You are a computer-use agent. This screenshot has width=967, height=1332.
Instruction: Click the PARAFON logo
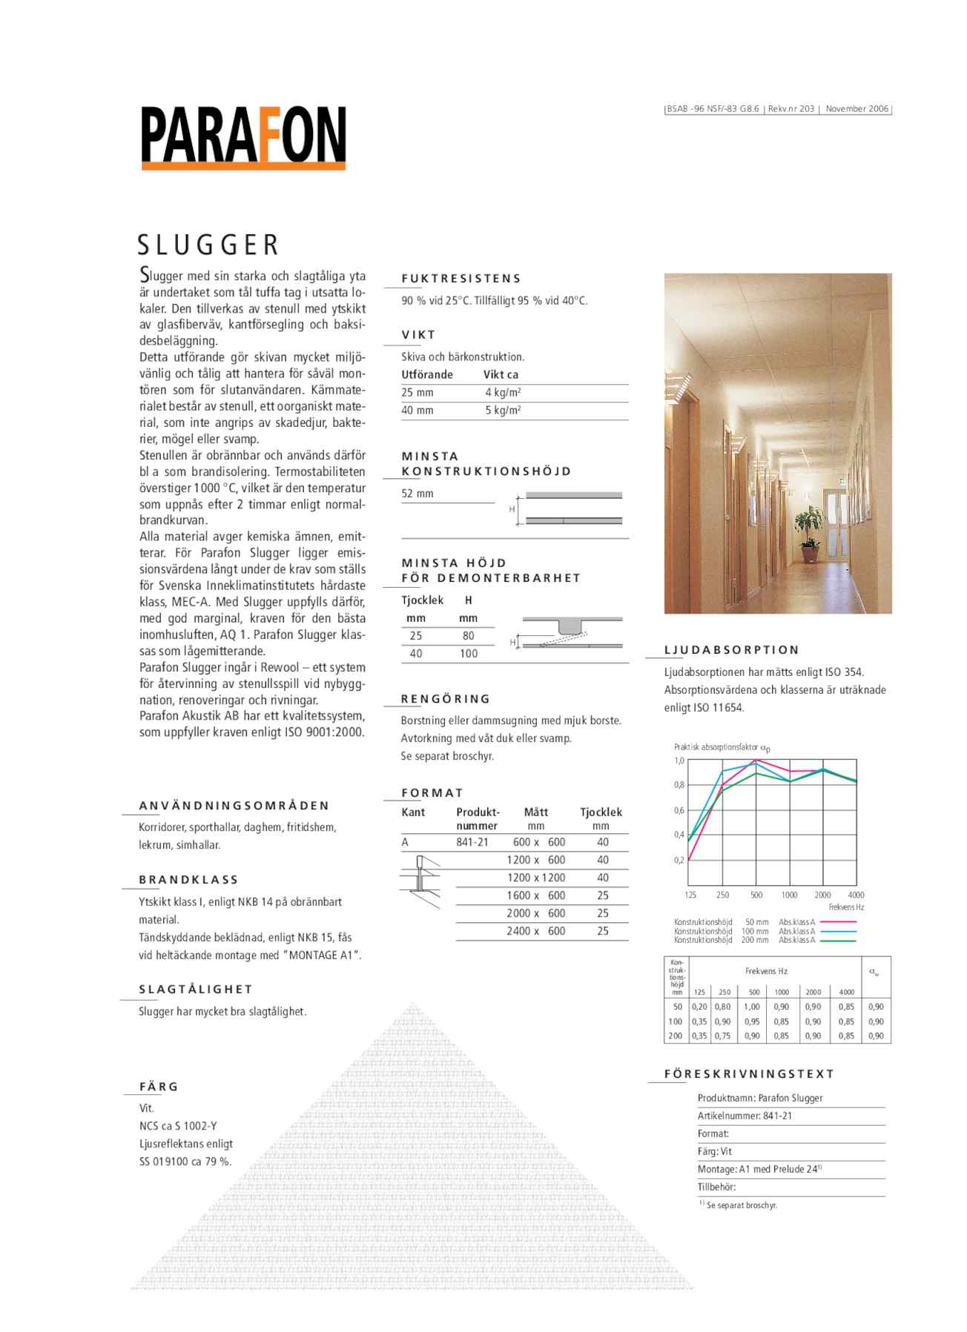pyautogui.click(x=243, y=138)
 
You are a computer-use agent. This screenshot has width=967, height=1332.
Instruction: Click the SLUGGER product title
pyautogui.click(x=208, y=245)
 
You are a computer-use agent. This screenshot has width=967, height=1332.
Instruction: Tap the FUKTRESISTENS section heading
pyautogui.click(x=461, y=279)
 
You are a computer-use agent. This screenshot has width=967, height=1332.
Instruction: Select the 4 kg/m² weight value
pyautogui.click(x=503, y=393)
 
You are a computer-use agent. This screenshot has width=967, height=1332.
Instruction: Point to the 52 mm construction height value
pyautogui.click(x=418, y=494)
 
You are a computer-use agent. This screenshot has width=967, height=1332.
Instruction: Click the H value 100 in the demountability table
pyautogui.click(x=469, y=654)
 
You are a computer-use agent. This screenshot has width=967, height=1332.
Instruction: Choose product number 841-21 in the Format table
pyautogui.click(x=472, y=842)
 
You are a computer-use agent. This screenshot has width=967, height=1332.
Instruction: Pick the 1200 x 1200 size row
pyautogui.click(x=536, y=878)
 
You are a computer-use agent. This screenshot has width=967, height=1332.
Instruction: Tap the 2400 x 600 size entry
pyautogui.click(x=536, y=931)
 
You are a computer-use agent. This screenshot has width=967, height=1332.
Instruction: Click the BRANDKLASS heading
pyautogui.click(x=188, y=880)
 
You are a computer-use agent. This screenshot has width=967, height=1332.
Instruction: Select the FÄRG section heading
pyautogui.click(x=159, y=1087)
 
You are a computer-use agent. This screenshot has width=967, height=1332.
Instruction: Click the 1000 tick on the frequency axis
pyautogui.click(x=789, y=895)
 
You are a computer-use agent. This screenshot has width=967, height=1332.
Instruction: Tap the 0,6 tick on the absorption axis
pyautogui.click(x=679, y=810)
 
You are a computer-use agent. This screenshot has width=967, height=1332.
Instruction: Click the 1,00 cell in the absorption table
pyautogui.click(x=752, y=1007)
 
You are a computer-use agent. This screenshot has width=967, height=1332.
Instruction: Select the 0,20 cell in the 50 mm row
pyautogui.click(x=699, y=1007)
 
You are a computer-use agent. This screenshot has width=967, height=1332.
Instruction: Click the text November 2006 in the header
pyautogui.click(x=857, y=109)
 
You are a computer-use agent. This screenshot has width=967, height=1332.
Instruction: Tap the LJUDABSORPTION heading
pyautogui.click(x=731, y=650)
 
